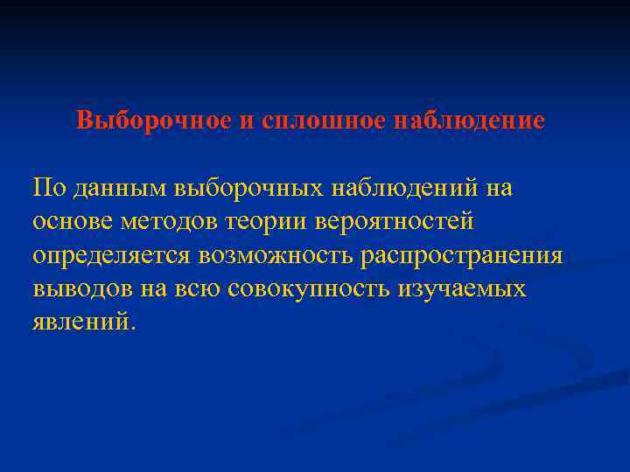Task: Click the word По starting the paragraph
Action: (x=48, y=188)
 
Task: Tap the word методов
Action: (x=175, y=222)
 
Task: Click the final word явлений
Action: (x=82, y=322)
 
